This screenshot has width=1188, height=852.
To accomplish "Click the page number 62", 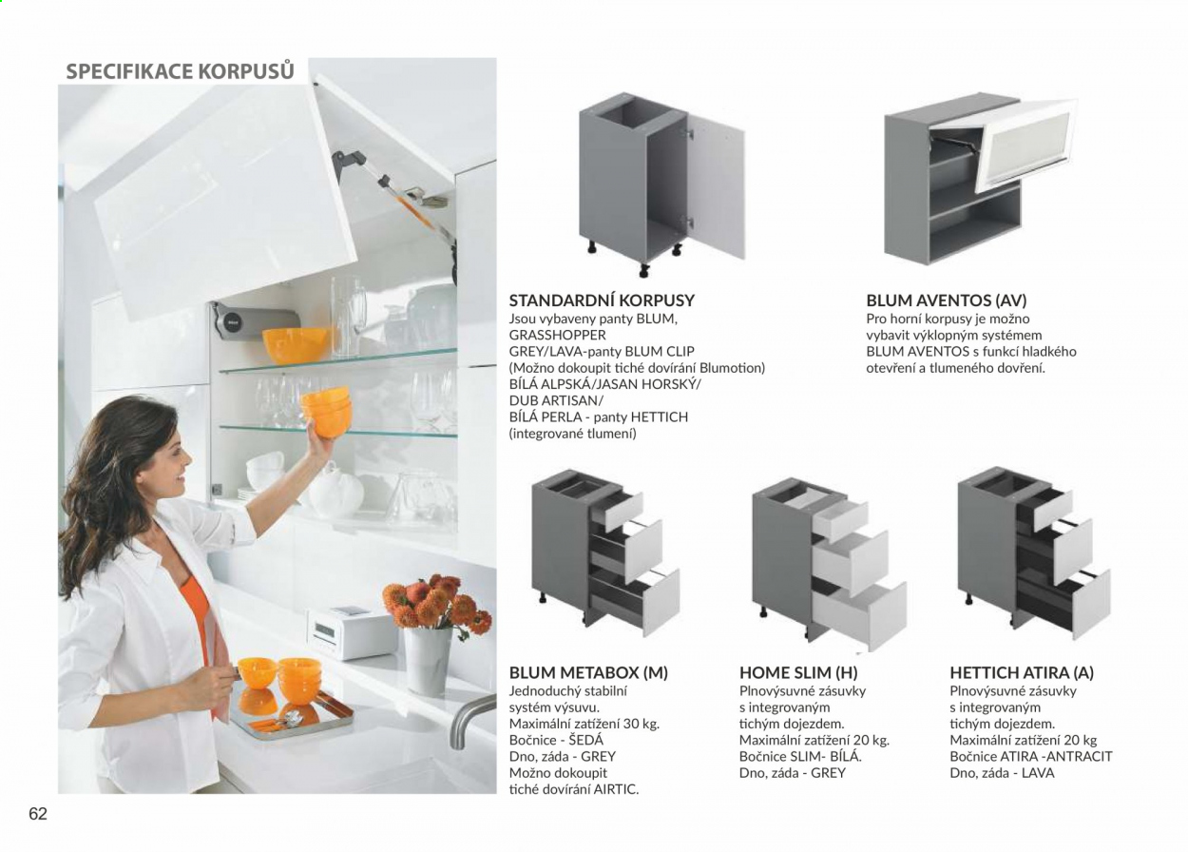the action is click(38, 814).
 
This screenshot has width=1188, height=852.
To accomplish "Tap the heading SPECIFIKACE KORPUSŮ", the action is click(181, 71).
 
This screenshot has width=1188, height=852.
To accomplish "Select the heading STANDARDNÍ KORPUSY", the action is click(602, 300).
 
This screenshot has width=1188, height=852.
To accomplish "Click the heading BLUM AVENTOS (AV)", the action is click(947, 300).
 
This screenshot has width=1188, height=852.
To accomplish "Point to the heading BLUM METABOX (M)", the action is click(588, 672).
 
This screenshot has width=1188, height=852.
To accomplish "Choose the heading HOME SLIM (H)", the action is click(798, 672).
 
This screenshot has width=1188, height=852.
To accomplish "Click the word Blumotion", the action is click(731, 368).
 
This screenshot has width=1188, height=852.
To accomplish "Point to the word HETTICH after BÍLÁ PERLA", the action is click(660, 417).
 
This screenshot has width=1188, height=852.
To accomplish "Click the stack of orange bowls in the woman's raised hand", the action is click(326, 411).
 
